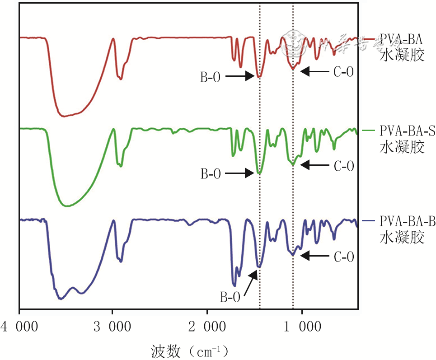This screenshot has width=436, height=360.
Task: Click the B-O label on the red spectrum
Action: [x=211, y=77]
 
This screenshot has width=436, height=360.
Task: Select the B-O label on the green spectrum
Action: [x=211, y=174]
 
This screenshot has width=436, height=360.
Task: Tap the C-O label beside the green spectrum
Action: [x=343, y=166]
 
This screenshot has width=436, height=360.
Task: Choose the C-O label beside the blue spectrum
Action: [x=343, y=257]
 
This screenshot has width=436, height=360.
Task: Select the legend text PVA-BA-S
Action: [x=407, y=131]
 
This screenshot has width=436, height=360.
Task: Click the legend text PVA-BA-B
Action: [x=407, y=222]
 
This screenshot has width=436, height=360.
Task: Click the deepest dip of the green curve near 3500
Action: [x=67, y=206]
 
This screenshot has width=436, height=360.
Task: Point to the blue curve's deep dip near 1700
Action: [x=234, y=285]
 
